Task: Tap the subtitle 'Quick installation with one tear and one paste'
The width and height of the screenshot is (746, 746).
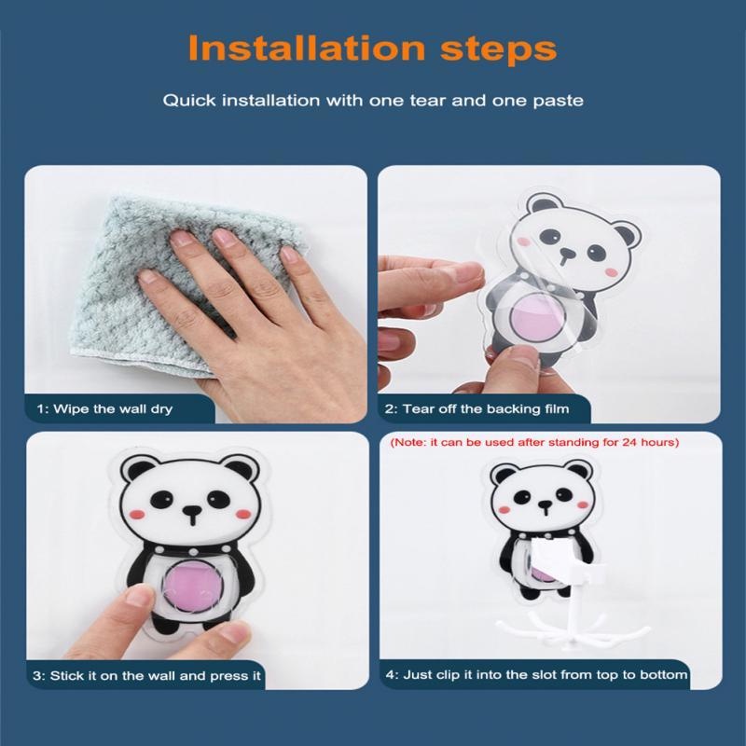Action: tap(373, 100)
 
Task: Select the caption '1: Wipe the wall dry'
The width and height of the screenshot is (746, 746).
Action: tap(104, 408)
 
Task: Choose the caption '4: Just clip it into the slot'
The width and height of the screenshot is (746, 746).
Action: tap(535, 674)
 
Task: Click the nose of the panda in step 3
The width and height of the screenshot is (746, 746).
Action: tap(192, 511)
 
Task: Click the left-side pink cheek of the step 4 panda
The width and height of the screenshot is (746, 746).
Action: tap(506, 509)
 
